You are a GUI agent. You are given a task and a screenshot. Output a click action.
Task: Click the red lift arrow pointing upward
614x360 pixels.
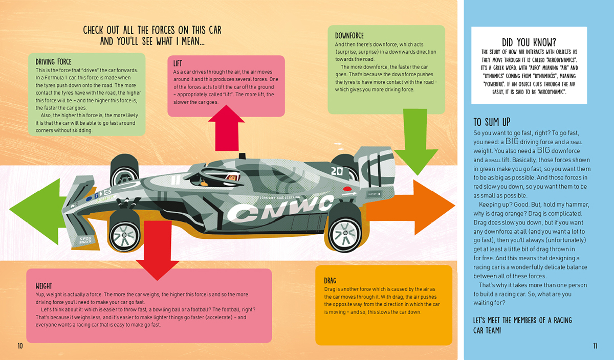click(226, 128)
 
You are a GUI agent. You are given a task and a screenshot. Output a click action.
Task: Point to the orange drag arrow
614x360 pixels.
click(411, 208)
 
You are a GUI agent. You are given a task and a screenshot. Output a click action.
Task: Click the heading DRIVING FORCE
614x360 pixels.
click(53, 62)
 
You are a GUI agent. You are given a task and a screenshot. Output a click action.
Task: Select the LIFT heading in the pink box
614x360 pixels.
click(178, 63)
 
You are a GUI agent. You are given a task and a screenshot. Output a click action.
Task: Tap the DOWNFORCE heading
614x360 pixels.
click(349, 36)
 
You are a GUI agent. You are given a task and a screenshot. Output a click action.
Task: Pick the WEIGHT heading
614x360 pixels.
click(44, 286)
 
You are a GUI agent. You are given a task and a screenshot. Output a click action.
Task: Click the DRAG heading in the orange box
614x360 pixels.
click(330, 281)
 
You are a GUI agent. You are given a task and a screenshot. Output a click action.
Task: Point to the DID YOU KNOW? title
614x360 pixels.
click(529, 42)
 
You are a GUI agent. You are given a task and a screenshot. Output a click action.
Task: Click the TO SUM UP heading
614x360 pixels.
click(492, 122)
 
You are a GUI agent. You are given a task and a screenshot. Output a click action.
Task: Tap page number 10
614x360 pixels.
click(20, 346)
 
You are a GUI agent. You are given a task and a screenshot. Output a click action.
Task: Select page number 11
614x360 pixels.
click(595, 346)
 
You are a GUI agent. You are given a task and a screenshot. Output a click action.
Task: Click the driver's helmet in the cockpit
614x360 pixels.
click(232, 177)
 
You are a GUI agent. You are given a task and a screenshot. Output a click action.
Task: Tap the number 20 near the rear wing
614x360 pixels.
click(337, 171)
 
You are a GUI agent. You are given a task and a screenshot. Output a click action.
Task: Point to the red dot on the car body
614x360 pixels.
click(347, 189)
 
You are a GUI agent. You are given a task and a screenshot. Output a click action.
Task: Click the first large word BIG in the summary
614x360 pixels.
click(512, 141)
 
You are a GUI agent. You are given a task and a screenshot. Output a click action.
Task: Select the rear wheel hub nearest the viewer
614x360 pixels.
click(345, 233)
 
